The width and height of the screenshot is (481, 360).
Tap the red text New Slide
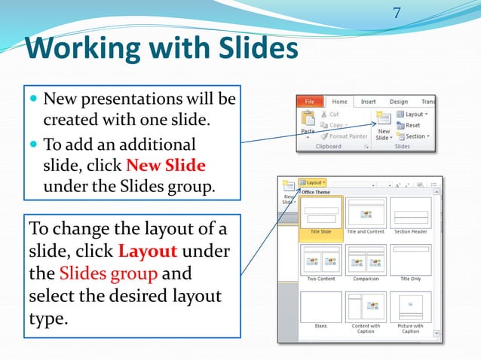[166, 165]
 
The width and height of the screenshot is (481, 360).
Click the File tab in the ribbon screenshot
[309, 102]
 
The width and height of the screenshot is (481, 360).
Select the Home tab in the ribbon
[339, 102]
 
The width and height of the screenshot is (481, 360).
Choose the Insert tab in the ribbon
[368, 102]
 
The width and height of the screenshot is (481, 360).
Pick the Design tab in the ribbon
[398, 102]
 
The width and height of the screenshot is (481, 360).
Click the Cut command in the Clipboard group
[333, 114]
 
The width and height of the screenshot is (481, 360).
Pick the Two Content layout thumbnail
[321, 261]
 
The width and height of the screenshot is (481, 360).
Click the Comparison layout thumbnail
[366, 261]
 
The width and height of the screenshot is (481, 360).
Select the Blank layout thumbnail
[321, 309]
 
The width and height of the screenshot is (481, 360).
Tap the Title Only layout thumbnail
[410, 261]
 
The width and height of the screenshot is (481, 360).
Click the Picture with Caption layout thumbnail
[410, 309]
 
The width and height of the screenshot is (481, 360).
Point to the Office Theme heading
[317, 191]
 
